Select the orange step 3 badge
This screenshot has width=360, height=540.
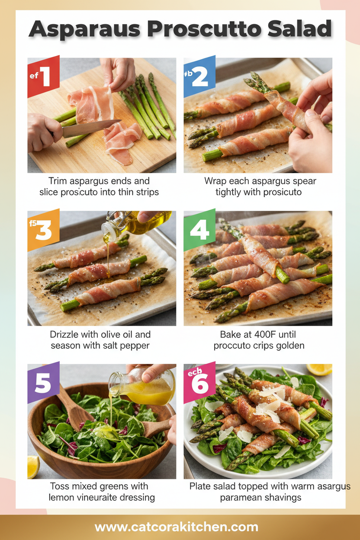click(43, 230)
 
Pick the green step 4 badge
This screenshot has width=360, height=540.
click(199, 230)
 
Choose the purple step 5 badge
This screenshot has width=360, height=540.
click(43, 383)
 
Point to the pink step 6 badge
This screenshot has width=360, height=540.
click(199, 382)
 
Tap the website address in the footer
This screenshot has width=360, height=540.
click(177, 527)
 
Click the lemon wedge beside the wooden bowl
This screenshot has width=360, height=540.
click(33, 467)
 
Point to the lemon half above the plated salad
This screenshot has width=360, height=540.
click(319, 369)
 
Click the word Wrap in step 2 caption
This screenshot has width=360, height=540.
click(216, 181)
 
